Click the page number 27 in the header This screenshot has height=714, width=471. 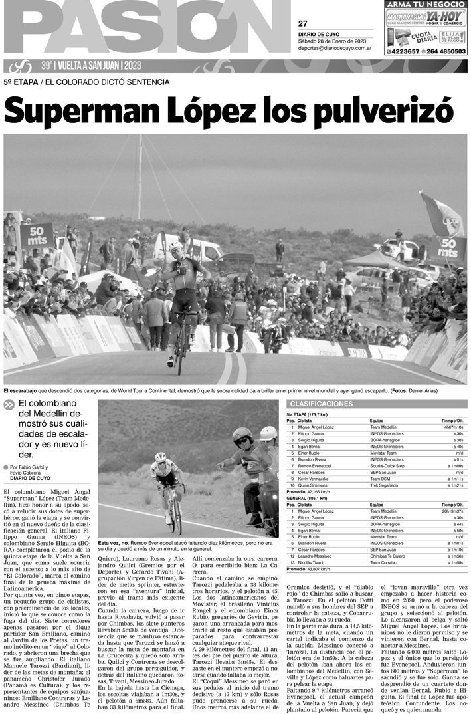click(302, 23)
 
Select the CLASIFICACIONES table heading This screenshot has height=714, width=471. click(321, 404)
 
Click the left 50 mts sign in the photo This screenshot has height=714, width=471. click(37, 235)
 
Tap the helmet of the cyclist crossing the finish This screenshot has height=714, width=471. click(175, 247)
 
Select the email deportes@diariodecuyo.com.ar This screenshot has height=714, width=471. click(334, 48)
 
